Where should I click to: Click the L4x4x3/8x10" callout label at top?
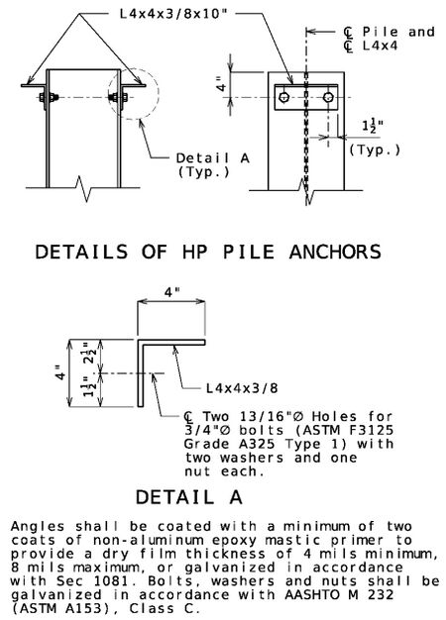click(173, 14)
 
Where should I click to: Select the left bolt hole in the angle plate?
click(283, 97)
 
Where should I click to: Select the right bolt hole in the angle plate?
click(328, 97)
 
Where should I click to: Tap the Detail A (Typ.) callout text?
click(212, 164)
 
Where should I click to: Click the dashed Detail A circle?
click(159, 93)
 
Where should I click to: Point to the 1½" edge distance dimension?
click(372, 127)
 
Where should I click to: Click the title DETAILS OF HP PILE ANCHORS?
click(208, 252)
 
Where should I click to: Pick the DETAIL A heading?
click(188, 496)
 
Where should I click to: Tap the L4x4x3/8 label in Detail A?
click(242, 388)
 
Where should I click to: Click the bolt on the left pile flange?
click(50, 97)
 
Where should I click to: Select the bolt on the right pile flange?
click(118, 97)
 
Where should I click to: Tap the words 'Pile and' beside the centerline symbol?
click(398, 32)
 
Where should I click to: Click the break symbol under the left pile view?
click(84, 189)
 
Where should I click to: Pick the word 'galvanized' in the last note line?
click(56, 594)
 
